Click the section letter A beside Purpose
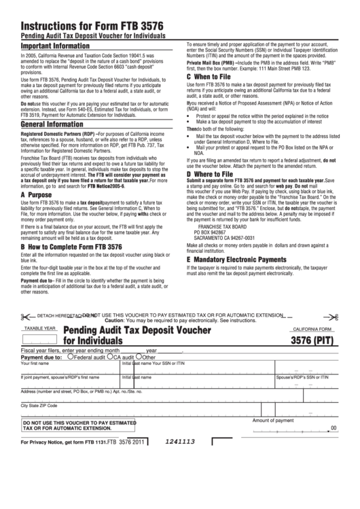pyautogui.click(x=24, y=194)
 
